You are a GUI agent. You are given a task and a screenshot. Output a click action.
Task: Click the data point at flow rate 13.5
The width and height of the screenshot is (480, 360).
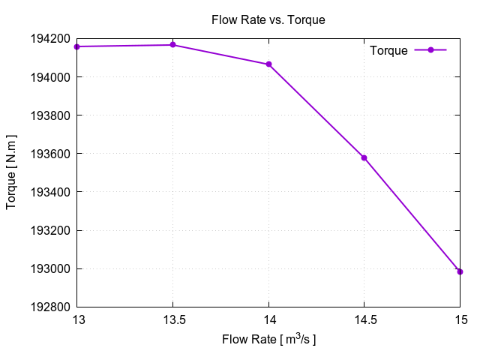[172, 45]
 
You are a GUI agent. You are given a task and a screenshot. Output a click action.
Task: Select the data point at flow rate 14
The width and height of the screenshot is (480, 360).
[268, 64]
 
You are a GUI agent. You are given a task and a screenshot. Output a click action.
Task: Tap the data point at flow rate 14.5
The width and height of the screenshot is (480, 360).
[364, 157]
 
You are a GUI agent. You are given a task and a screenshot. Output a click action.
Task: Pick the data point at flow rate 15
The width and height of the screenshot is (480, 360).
[460, 271]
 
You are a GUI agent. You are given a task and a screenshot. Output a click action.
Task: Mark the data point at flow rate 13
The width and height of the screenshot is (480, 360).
[77, 46]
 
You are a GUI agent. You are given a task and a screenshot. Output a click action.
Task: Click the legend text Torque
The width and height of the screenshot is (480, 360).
[389, 51]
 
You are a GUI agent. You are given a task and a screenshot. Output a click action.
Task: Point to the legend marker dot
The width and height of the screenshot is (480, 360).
[430, 50]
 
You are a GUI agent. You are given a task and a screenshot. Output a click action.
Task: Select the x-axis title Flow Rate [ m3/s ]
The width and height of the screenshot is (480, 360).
[268, 340]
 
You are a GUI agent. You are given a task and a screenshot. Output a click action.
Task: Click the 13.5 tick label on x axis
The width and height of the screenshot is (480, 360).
[172, 320]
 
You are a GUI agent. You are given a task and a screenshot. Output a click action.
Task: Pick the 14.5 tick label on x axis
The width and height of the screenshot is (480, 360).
[364, 320]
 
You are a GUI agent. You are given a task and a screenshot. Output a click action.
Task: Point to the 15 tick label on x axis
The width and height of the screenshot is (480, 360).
[460, 320]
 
